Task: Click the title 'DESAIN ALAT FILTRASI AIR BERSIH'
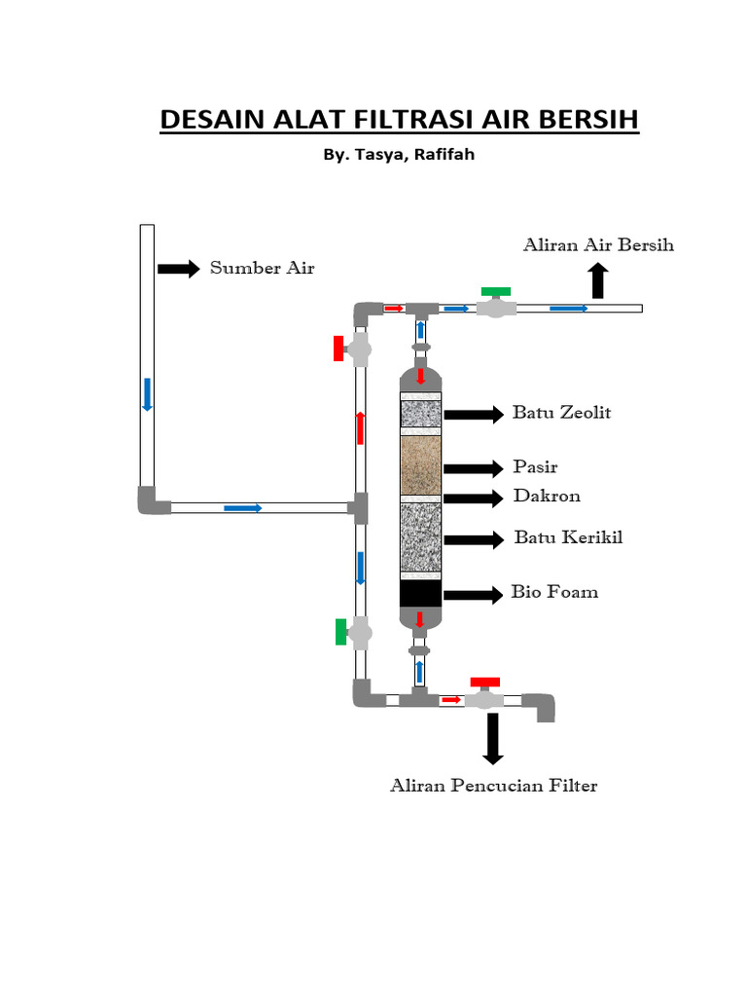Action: tap(399, 120)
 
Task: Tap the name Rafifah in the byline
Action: tap(444, 155)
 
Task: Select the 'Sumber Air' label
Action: tap(263, 268)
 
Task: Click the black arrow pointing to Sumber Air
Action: tap(179, 269)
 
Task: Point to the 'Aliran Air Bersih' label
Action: tap(598, 244)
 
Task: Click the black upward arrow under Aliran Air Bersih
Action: tap(598, 281)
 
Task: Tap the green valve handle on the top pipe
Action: tap(495, 292)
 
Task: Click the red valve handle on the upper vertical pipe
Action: tap(338, 349)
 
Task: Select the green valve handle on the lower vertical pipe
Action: tap(341, 632)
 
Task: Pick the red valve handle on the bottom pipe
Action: tap(485, 683)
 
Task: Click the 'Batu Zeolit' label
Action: tap(561, 413)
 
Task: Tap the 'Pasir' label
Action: tap(536, 466)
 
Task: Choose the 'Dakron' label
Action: tap(547, 496)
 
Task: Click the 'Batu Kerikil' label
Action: tap(568, 537)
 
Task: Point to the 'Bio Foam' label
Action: tap(554, 592)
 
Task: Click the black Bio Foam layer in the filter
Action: tap(420, 593)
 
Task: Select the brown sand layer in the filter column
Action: tap(420, 464)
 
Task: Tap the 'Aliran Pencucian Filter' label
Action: tap(493, 786)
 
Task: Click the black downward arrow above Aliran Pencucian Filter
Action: tap(493, 739)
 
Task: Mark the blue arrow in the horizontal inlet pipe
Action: tap(242, 508)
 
